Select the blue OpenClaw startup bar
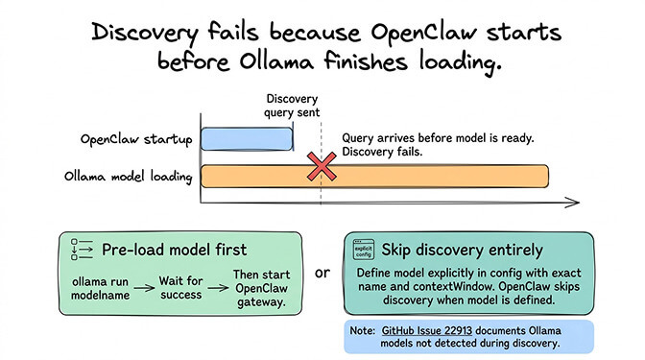(246, 138)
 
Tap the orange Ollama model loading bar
(374, 177)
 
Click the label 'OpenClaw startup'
(135, 139)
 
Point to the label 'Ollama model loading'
(129, 178)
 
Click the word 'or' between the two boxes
(322, 273)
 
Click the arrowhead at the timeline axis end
(572, 203)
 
